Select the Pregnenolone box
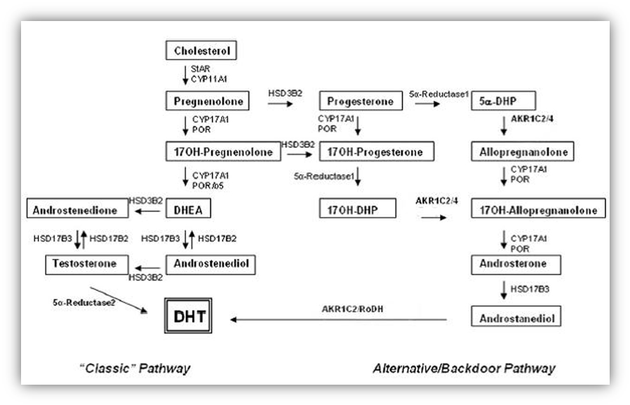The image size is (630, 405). pyautogui.click(x=208, y=101)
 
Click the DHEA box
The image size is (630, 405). pyautogui.click(x=189, y=209)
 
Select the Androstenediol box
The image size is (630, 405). pyautogui.click(x=210, y=264)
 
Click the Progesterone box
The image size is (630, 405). pyautogui.click(x=361, y=101)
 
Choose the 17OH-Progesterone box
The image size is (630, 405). pyautogui.click(x=376, y=151)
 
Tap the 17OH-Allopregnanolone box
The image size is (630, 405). pyautogui.click(x=538, y=209)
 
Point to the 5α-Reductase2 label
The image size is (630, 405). pyautogui.click(x=84, y=302)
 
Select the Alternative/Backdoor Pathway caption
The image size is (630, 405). pyautogui.click(x=464, y=368)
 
